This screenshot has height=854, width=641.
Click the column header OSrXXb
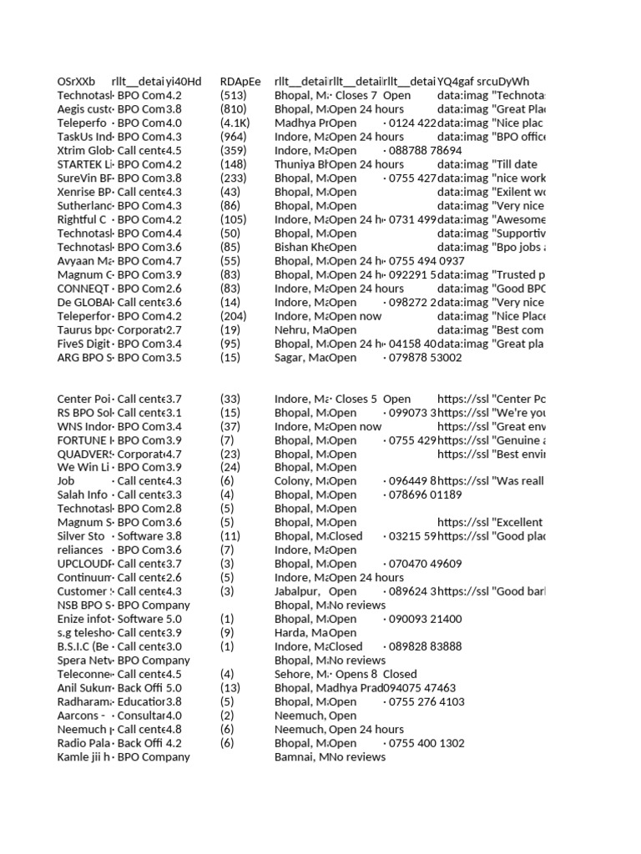tap(76, 82)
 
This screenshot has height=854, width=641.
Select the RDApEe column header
tap(240, 82)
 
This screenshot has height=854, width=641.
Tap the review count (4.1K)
tap(235, 123)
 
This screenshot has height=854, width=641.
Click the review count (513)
tap(233, 95)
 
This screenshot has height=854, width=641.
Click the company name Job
tap(66, 481)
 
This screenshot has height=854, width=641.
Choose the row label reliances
tap(80, 550)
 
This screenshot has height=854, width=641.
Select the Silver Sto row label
tap(81, 536)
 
